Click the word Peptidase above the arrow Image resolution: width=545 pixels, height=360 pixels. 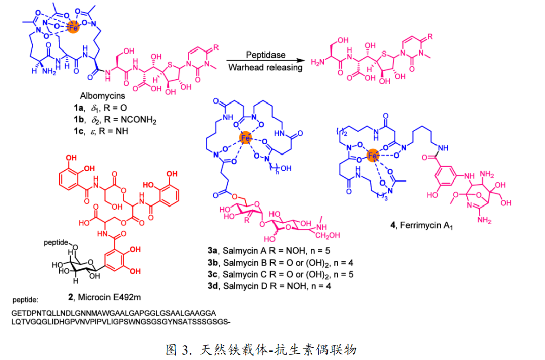[x=265, y=55]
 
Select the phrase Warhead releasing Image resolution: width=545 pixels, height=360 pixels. [x=265, y=67]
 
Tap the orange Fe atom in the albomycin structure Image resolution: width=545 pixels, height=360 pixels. [x=73, y=27]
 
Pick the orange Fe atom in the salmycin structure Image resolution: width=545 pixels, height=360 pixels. [x=245, y=138]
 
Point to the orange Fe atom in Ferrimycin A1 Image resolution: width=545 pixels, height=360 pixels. [x=372, y=156]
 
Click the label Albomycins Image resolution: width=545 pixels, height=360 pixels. [x=102, y=96]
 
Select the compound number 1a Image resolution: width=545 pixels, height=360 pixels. [x=78, y=108]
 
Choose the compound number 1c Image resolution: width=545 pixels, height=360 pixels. [x=78, y=131]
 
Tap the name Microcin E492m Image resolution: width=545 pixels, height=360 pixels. [x=110, y=297]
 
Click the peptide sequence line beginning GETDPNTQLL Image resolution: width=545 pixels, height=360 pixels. [x=114, y=313]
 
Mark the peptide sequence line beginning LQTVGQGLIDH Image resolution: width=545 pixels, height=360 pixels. [x=121, y=322]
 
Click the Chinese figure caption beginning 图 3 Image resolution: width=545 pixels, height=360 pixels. [x=261, y=349]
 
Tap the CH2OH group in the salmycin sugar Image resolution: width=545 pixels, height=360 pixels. [x=328, y=235]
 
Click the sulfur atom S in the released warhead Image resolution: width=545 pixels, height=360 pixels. [x=384, y=54]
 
